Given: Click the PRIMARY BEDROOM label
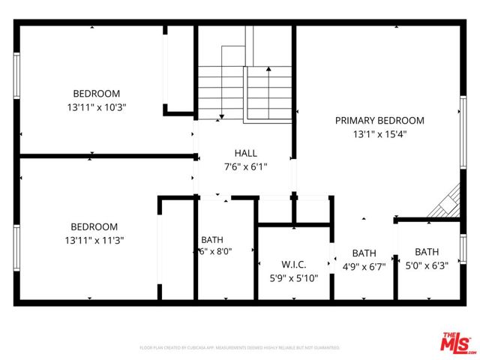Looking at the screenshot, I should tap(379, 120).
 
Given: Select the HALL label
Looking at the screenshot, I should tap(245, 153).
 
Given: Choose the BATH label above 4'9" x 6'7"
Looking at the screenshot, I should tap(364, 253).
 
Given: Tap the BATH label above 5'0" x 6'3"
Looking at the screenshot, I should tap(427, 252).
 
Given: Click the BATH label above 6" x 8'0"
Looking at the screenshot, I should tap(211, 240).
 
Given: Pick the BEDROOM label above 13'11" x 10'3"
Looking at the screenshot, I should tap(96, 94).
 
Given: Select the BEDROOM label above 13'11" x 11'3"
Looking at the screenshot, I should tap(94, 226).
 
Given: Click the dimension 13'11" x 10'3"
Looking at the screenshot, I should tap(96, 107).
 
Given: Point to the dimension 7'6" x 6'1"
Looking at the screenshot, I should tap(245, 166).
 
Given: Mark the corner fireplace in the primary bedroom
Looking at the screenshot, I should tap(447, 203).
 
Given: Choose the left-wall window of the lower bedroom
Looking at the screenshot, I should tap(16, 247).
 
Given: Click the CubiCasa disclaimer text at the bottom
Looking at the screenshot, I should tap(239, 348).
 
